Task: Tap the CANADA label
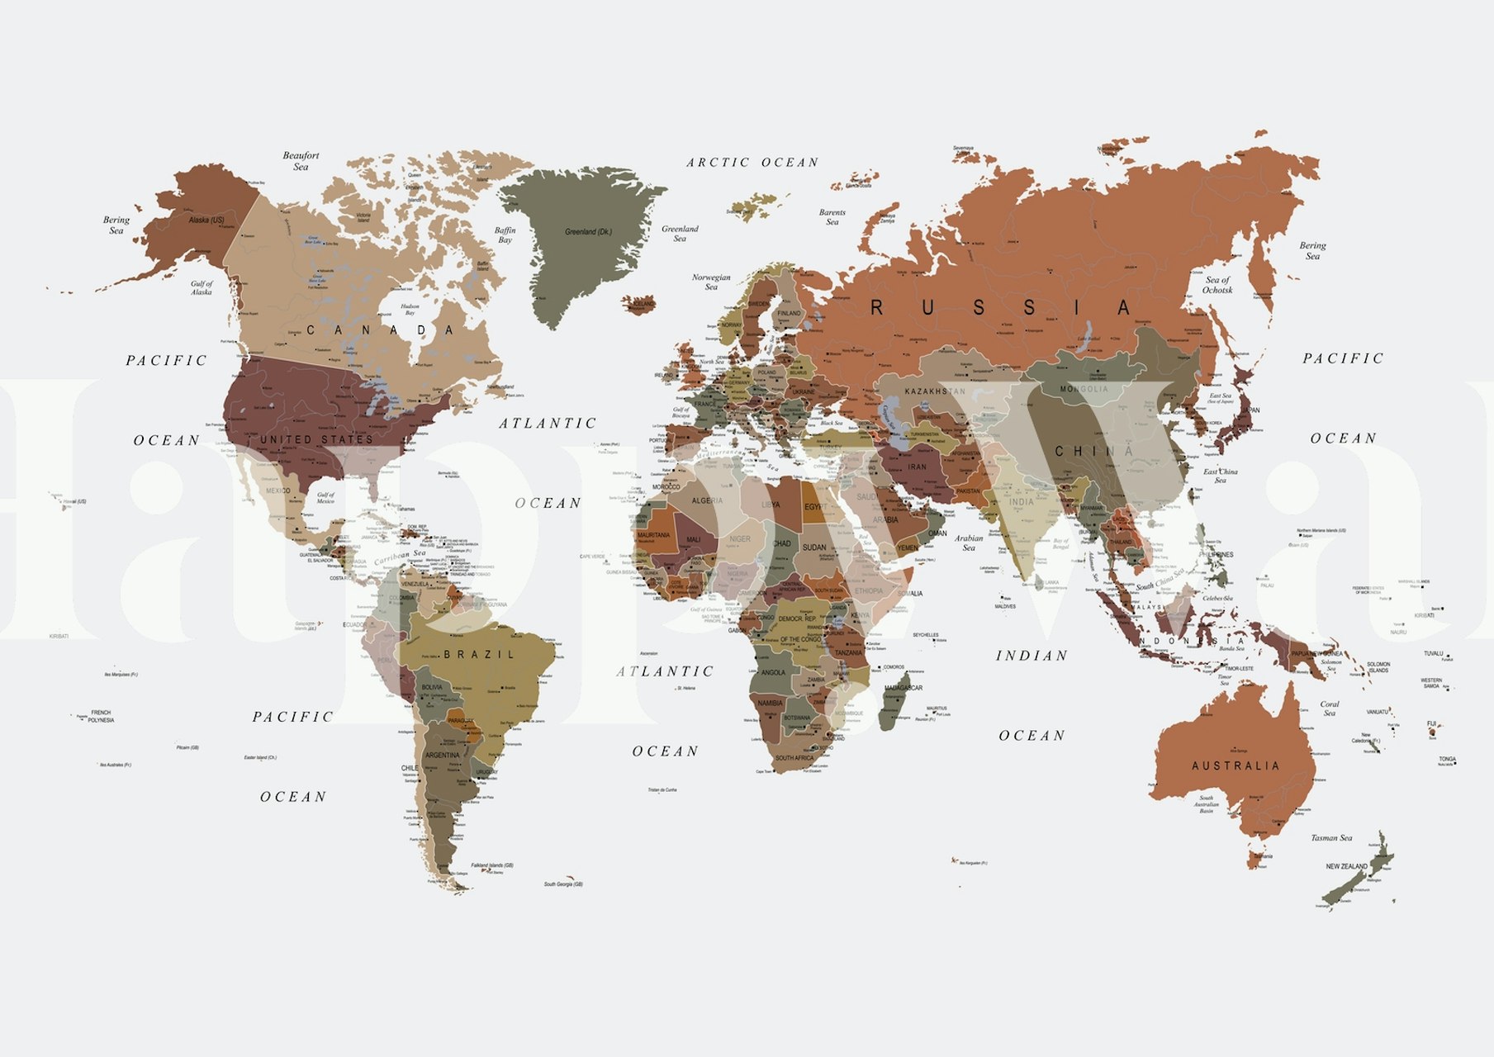(x=381, y=330)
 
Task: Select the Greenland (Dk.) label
(x=588, y=232)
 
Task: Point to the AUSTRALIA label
(x=1235, y=766)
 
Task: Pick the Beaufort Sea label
(x=301, y=161)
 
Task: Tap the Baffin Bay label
(x=505, y=235)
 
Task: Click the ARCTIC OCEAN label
(x=752, y=163)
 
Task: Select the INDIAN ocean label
(x=1032, y=656)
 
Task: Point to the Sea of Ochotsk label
(x=1217, y=285)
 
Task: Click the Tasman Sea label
(x=1331, y=838)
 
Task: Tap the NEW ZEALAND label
(x=1346, y=866)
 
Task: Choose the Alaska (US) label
(x=206, y=220)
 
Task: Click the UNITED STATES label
(x=316, y=439)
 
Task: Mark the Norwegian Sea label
(x=711, y=282)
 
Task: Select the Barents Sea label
(x=832, y=217)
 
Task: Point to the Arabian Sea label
(x=969, y=543)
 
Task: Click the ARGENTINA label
(x=442, y=756)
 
